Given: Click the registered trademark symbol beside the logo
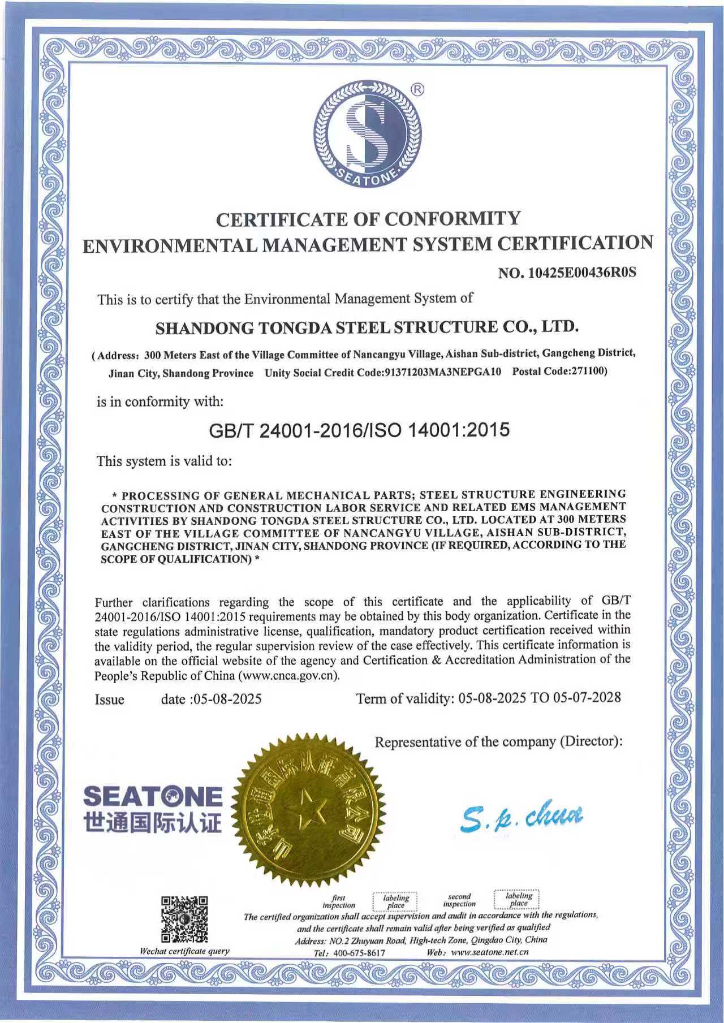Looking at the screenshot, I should (x=417, y=89).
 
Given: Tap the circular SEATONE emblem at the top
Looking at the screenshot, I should (x=367, y=135).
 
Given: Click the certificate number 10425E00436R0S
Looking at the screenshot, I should (x=582, y=273).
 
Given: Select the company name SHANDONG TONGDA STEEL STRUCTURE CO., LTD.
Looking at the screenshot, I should (x=367, y=327).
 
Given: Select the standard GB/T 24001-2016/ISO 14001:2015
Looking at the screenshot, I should (x=359, y=430).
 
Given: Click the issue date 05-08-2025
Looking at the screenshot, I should (x=227, y=699).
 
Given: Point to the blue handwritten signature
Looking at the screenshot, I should (x=521, y=817).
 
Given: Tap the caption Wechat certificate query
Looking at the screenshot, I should (x=184, y=951).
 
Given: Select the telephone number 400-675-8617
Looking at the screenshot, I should (x=359, y=952).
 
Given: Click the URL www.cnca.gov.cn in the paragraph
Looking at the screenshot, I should (x=288, y=675).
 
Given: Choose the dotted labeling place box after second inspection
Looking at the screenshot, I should (x=518, y=899).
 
